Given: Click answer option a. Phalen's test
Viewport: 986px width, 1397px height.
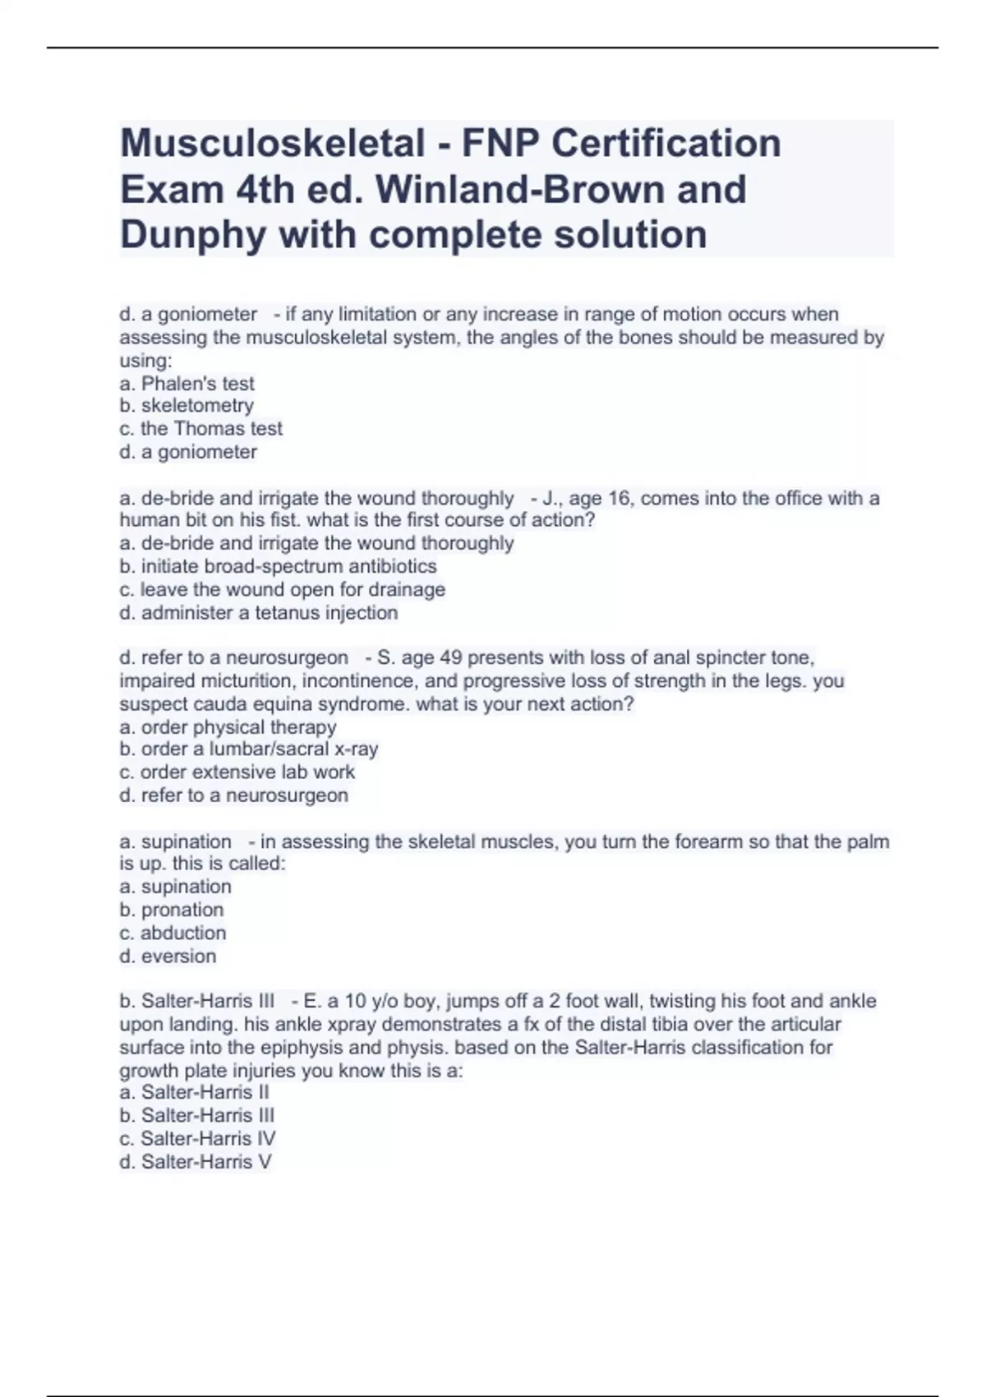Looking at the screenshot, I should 187,383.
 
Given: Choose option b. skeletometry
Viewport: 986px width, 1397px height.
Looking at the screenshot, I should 187,405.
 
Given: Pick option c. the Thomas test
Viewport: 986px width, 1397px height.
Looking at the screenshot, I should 200,428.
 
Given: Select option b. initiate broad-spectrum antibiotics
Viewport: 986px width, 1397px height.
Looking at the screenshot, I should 279,566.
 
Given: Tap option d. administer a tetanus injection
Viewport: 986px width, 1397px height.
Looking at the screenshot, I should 259,612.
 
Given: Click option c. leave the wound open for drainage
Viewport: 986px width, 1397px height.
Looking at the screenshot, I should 283,589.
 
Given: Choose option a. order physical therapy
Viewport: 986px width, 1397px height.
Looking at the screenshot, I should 228,726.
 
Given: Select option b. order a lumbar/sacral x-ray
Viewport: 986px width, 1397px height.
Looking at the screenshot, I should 249,749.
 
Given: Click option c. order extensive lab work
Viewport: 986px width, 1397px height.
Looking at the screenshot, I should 237,772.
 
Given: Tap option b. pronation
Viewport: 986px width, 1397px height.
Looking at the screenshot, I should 172,910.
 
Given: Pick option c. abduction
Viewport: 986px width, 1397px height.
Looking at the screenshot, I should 173,933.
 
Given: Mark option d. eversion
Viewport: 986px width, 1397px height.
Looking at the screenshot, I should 168,956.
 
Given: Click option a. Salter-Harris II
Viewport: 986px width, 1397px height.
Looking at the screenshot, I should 195,1092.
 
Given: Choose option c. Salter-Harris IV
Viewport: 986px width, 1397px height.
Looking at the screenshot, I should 197,1138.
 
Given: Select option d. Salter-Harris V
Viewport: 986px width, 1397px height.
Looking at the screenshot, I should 196,1161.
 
